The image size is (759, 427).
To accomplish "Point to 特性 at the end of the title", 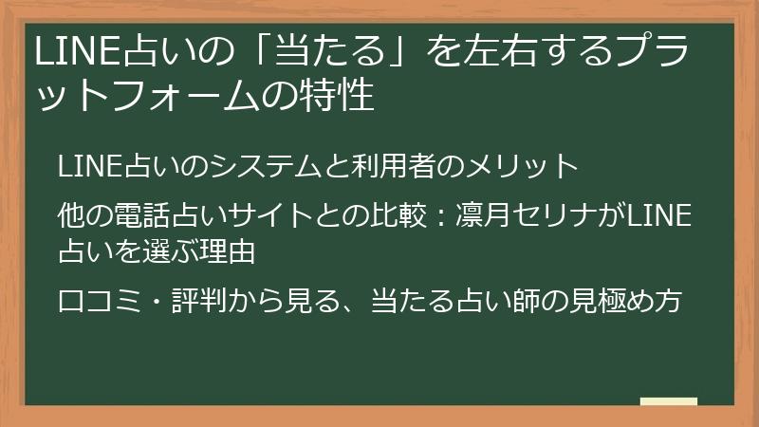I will (343, 97).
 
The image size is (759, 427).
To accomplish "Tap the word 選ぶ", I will (170, 251).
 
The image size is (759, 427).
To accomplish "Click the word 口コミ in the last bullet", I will (99, 301).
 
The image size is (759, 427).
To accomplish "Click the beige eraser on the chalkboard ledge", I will (669, 401).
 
